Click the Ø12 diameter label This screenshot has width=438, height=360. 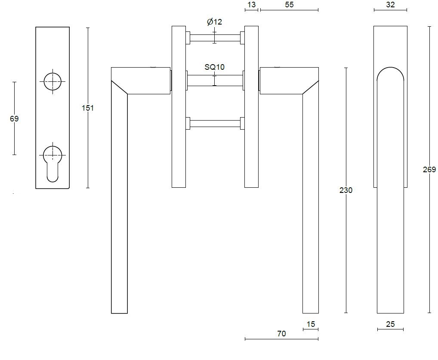click(214, 22)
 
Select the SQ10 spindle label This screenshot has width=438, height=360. click(214, 67)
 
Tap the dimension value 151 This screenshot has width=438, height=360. click(88, 108)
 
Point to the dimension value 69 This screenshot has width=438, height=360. click(14, 118)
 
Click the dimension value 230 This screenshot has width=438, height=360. click(346, 190)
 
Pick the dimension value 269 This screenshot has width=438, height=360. click(429, 170)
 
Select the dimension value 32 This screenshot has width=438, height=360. click(390, 5)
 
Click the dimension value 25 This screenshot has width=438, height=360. click(390, 324)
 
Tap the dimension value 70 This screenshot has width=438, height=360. click(281, 333)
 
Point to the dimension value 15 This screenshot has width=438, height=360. click(311, 324)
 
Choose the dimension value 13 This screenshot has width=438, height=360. click(252, 5)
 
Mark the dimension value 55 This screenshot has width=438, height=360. click(289, 5)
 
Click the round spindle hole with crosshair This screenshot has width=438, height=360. click(52, 81)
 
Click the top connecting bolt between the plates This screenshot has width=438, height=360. click(214, 38)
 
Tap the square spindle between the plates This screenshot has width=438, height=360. click(214, 81)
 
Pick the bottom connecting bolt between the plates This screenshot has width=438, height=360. click(214, 124)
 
